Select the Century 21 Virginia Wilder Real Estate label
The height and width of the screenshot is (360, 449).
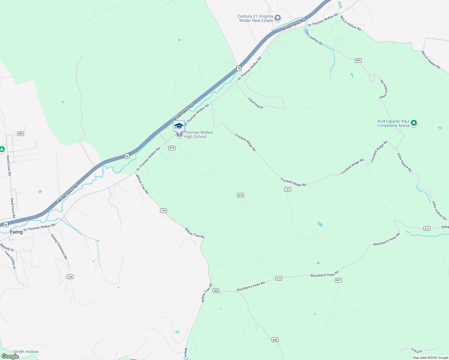pyautogui.click(x=256, y=19)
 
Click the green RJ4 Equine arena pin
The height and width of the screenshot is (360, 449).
pyautogui.click(x=414, y=123)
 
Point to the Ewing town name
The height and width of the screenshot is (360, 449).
pyautogui.click(x=16, y=232)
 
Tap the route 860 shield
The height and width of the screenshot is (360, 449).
pyautogui.click(x=20, y=133)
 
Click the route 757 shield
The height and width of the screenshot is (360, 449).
pyautogui.click(x=288, y=190)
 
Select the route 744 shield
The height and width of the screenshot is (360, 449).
pyautogui.click(x=163, y=211)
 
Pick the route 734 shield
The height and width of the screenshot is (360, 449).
pyautogui.click(x=70, y=277)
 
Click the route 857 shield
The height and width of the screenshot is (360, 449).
pyautogui.click(x=338, y=280)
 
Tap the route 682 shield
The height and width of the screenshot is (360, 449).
pyautogui.click(x=358, y=60)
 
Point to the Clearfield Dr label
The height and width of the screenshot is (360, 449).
pyautogui.click(x=255, y=103)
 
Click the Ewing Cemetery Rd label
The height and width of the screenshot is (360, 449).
pyautogui.click(x=59, y=247)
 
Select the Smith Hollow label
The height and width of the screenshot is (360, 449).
pyautogui.click(x=26, y=352)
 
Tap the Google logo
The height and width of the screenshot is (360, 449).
pyautogui.click(x=10, y=356)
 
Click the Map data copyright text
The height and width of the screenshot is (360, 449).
pyautogui.click(x=430, y=358)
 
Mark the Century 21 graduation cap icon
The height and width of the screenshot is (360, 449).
pyautogui.click(x=278, y=18)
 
